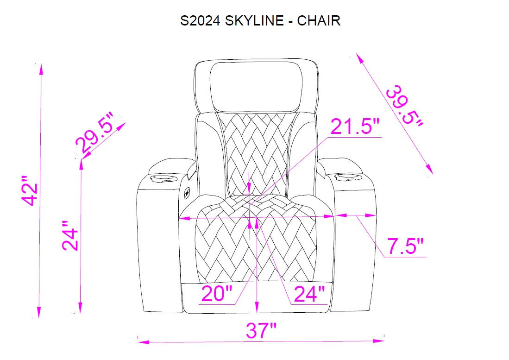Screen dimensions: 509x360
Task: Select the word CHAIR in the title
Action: coord(319,21)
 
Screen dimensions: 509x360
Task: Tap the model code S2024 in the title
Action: coord(200,21)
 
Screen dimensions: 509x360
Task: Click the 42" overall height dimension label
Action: coord(31,191)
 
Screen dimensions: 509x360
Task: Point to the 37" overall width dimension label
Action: coord(261,330)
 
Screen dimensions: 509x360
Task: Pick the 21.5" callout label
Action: coord(355,126)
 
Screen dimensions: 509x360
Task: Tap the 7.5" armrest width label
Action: coord(405,246)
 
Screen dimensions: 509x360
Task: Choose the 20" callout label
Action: coord(217,294)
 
